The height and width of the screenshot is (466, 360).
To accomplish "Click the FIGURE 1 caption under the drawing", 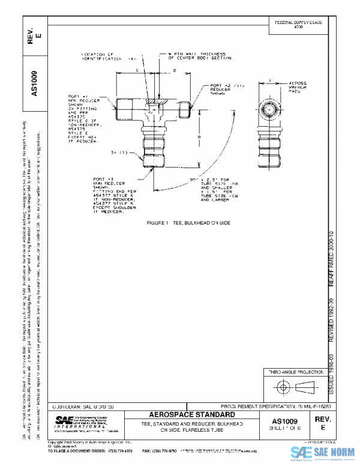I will [188, 223].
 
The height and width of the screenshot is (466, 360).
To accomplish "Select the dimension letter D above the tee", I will [174, 71].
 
